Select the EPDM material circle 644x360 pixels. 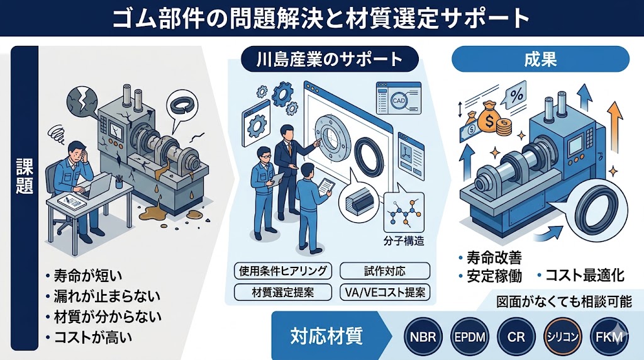click(x=469, y=336)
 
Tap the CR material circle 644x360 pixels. click(x=516, y=336)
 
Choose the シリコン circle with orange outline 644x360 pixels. click(x=562, y=336)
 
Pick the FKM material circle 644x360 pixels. click(x=609, y=336)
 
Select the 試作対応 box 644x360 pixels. click(x=384, y=271)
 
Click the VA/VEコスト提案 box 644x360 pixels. click(x=384, y=292)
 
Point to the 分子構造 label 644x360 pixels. click(x=404, y=240)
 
